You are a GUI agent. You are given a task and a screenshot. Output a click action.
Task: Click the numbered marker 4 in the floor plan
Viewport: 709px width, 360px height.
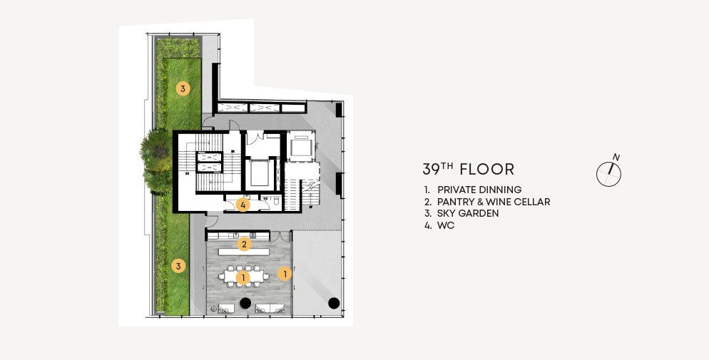click(243, 205)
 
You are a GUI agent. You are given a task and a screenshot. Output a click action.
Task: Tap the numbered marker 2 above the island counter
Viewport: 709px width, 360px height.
click(244, 245)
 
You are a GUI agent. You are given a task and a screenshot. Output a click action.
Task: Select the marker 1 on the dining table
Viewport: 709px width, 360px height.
click(243, 277)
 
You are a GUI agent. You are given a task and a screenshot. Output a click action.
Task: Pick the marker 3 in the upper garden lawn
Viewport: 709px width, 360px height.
click(183, 88)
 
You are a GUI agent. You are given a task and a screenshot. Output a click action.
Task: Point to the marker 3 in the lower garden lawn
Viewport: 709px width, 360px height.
click(178, 266)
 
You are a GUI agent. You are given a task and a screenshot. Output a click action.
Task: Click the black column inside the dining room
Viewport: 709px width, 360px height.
click(245, 303)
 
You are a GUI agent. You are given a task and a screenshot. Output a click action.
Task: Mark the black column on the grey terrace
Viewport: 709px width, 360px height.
click(334, 303)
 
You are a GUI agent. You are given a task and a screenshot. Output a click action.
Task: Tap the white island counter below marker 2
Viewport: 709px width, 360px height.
click(244, 252)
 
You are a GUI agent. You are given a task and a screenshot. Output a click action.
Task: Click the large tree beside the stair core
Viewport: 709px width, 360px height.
click(156, 160)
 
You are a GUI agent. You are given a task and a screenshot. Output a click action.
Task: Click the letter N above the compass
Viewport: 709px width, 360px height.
click(616, 158)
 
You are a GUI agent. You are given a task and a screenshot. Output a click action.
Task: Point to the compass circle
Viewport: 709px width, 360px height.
click(608, 175)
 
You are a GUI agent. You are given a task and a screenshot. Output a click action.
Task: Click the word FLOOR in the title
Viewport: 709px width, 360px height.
click(487, 170)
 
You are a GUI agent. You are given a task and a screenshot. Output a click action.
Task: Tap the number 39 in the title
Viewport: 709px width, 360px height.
click(431, 170)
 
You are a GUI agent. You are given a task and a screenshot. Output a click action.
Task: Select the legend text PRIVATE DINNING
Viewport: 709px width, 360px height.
click(479, 190)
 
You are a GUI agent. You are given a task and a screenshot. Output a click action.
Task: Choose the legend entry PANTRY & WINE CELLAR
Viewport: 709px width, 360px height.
click(494, 202)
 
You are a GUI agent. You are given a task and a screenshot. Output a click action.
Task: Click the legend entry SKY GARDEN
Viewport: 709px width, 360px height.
click(468, 214)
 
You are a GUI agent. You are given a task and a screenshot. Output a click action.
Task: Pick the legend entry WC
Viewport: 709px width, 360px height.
click(446, 225)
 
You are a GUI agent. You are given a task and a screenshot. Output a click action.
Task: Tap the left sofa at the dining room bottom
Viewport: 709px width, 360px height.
click(226, 309)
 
